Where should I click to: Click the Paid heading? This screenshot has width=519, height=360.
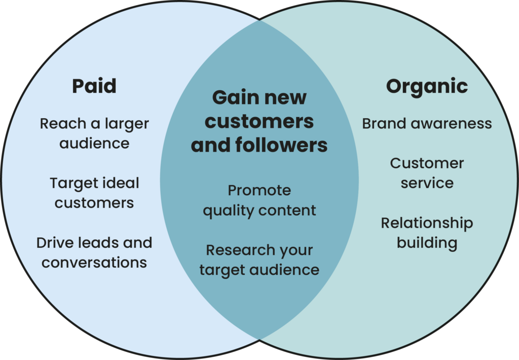point(94,86)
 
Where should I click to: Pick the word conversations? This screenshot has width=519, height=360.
point(94,263)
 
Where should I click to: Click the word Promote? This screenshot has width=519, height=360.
point(259,191)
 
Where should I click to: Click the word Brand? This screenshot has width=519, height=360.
point(385,124)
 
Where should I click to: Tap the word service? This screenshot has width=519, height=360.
point(427,183)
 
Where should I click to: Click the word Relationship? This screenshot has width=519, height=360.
point(427,224)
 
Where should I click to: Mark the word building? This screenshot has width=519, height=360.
point(427,243)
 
